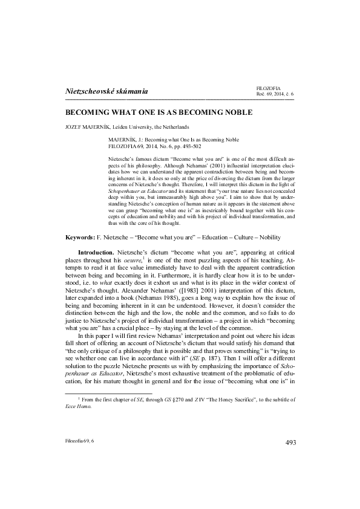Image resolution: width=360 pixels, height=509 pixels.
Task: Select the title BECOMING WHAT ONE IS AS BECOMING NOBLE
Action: point(159,112)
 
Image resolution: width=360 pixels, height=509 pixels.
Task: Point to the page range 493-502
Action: point(191,146)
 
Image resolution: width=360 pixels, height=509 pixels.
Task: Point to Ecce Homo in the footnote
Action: point(79,424)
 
